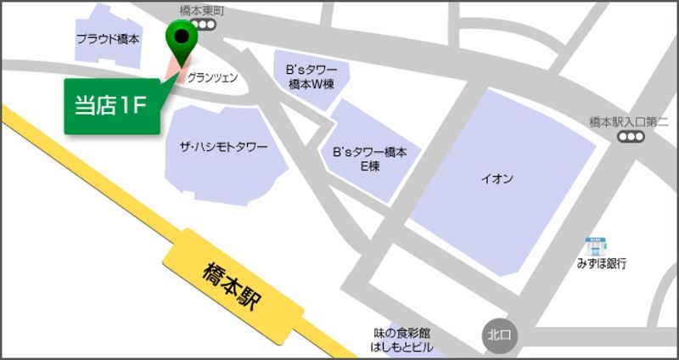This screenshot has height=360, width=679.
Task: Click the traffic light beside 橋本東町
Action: pos(206,26)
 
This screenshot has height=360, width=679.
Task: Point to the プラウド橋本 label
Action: pos(108,39)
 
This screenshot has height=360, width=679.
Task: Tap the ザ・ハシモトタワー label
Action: pos(223,147)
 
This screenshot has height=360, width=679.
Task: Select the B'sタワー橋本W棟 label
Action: pos(311,77)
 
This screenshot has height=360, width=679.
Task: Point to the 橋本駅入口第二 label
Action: pos(629,122)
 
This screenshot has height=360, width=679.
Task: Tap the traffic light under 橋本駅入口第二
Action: pos(630,138)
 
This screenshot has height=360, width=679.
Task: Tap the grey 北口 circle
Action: pos(497,335)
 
